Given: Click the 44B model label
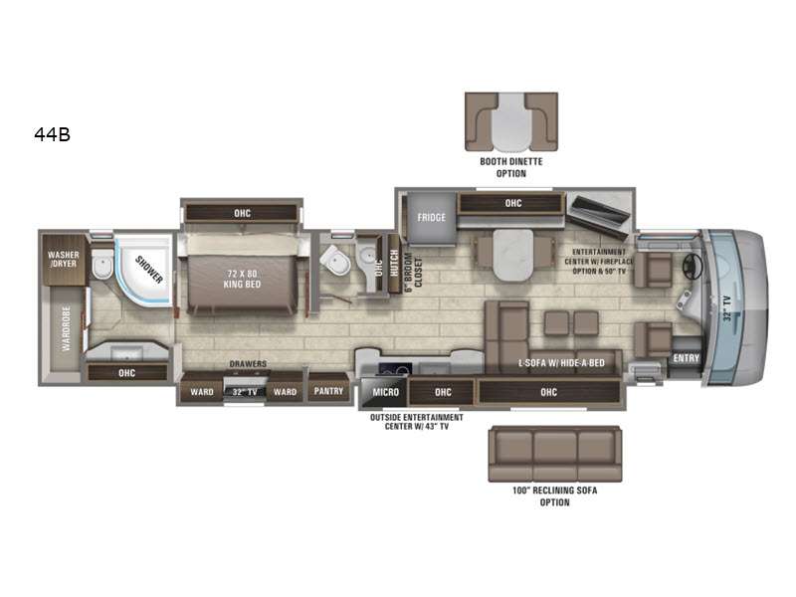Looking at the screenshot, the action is (53, 134).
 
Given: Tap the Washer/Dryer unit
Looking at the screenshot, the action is (64, 260).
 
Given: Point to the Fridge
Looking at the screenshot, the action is (431, 218).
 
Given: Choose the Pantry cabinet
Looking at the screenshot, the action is (328, 390).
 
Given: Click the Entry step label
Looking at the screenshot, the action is (686, 358).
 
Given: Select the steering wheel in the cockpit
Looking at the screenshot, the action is (693, 266).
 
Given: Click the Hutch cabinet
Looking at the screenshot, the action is (394, 263).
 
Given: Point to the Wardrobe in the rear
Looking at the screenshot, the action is (66, 328).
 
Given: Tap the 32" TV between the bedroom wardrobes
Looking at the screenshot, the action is (245, 391).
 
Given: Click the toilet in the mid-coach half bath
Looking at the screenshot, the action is (335, 260).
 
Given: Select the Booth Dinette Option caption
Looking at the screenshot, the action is (511, 167).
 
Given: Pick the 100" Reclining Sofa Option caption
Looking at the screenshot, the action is (554, 496).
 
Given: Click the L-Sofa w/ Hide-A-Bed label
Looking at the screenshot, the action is (561, 363).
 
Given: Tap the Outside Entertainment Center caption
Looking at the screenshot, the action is (416, 422).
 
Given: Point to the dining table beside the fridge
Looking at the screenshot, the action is (513, 255).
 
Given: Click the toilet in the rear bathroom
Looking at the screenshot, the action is (103, 264).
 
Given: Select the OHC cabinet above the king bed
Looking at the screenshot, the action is (242, 213).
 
